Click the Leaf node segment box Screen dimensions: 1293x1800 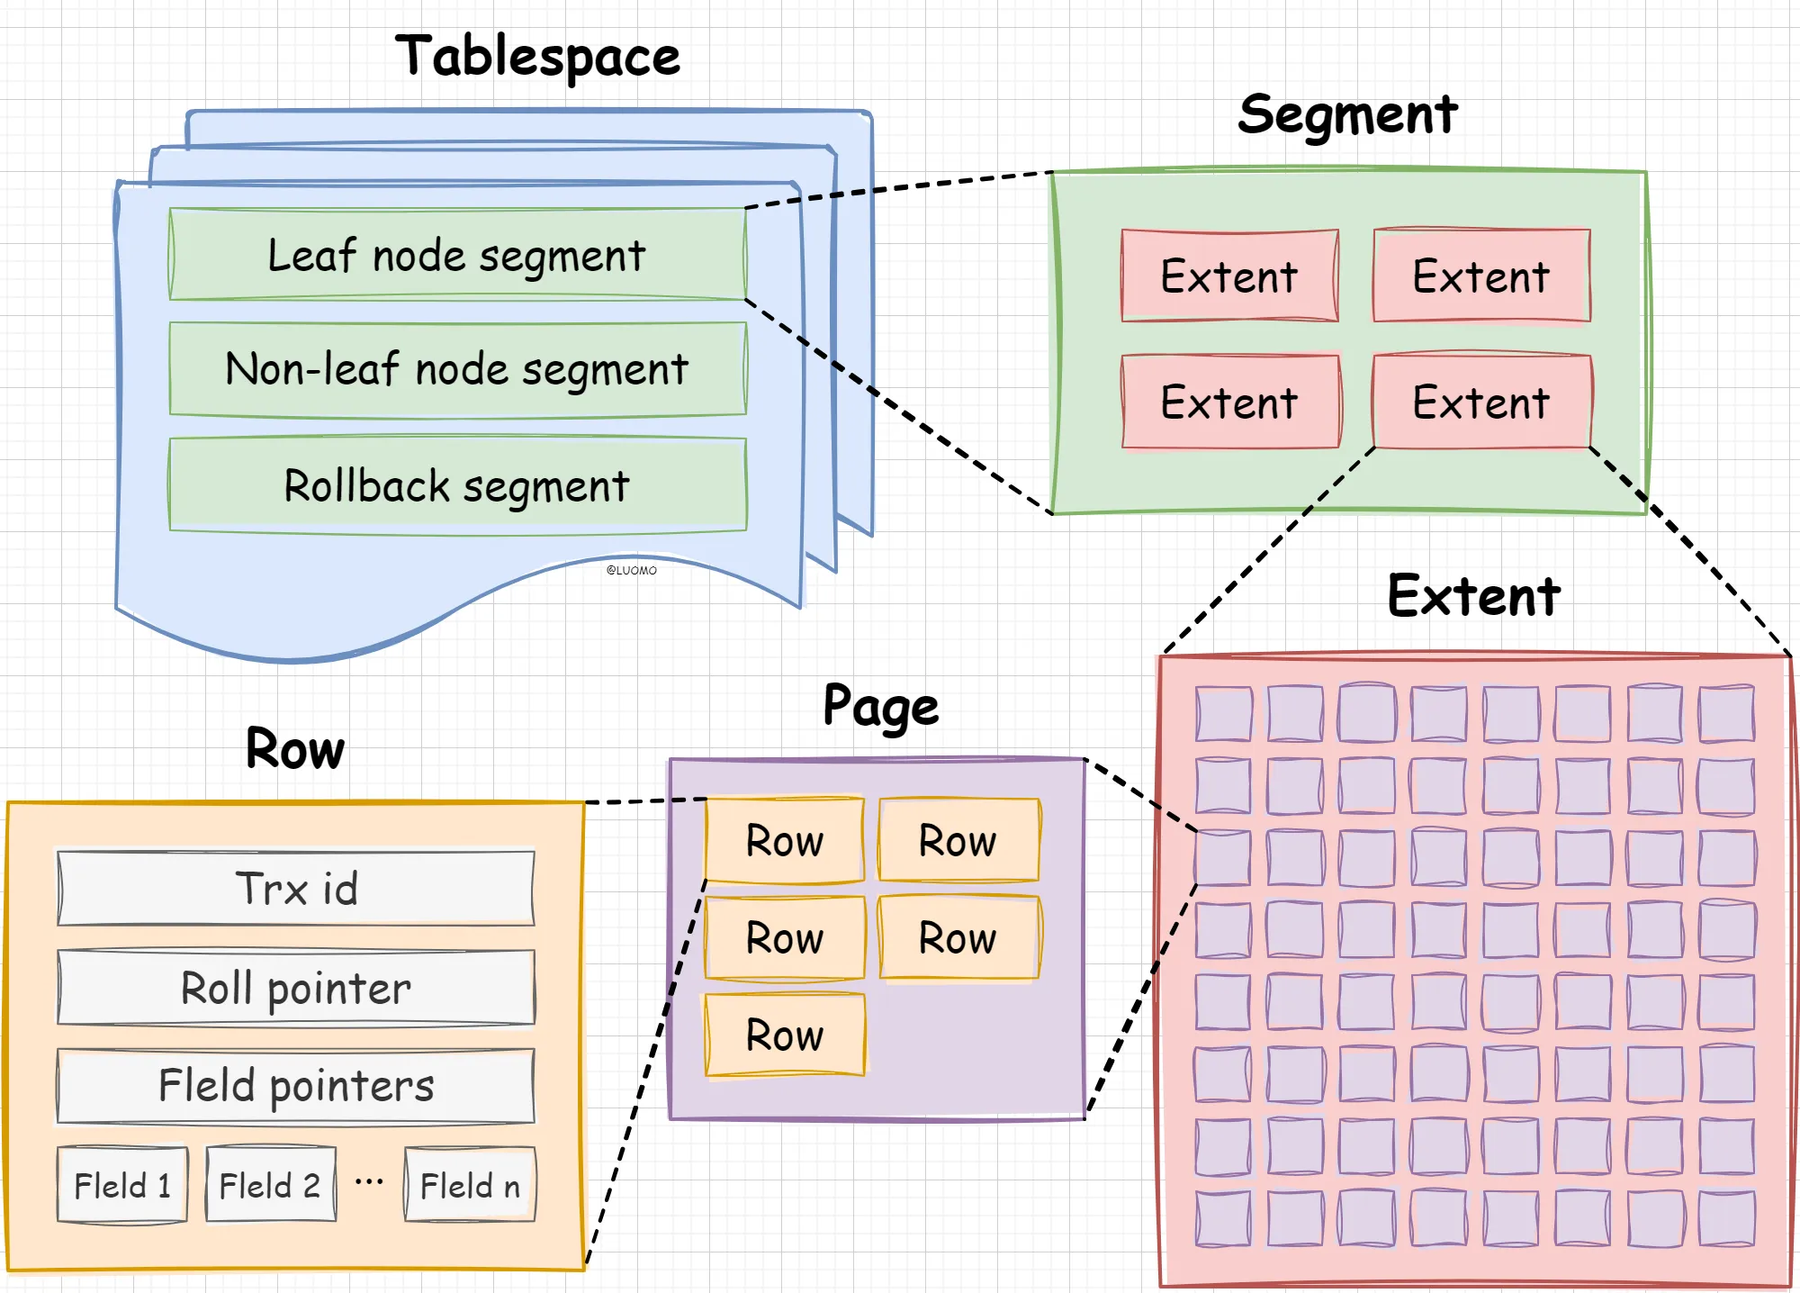point(457,255)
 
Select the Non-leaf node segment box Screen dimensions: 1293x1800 point(457,369)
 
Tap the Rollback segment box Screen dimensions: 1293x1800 point(457,485)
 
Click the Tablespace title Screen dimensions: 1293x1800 point(537,57)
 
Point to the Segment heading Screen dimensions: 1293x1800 point(1347,115)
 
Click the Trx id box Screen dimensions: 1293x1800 point(296,889)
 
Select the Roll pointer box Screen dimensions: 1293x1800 point(296,988)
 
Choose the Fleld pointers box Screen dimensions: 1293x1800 point(296,1086)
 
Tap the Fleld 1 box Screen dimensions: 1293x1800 point(122,1185)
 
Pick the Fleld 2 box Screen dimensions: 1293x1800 point(270,1185)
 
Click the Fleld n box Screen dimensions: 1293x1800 point(470,1185)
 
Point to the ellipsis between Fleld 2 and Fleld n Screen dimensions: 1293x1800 point(369,1181)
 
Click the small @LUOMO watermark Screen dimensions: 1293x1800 point(632,570)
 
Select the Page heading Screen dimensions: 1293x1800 point(881,707)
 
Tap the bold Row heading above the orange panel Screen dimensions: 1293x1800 point(295,749)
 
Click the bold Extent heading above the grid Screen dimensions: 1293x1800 point(1473,596)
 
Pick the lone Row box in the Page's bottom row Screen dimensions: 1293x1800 point(785,1035)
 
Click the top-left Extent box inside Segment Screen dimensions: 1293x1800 point(1229,276)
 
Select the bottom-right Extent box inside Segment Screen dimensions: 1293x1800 point(1481,402)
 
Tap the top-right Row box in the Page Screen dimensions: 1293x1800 point(958,840)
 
